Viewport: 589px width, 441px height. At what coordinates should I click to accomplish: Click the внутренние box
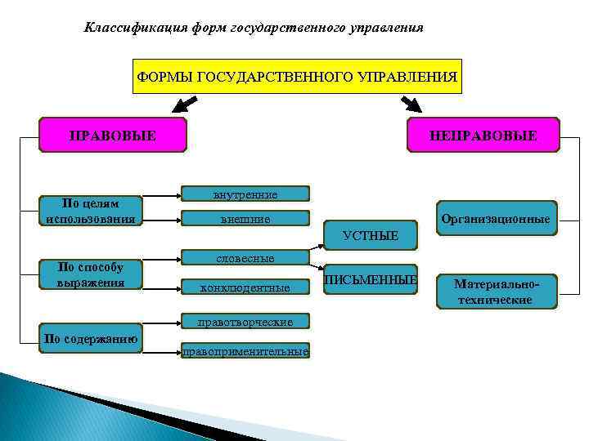pyautogui.click(x=245, y=194)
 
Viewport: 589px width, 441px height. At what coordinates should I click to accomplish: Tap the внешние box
pyautogui.click(x=245, y=219)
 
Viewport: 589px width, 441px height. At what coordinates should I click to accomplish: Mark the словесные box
pyautogui.click(x=245, y=258)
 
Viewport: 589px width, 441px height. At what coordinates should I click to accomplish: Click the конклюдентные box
pyautogui.click(x=245, y=287)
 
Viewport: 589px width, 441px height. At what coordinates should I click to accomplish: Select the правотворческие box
pyautogui.click(x=245, y=322)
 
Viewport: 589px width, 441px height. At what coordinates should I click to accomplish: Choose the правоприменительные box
pyautogui.click(x=245, y=352)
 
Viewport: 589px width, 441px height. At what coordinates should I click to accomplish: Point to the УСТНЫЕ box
pyautogui.click(x=371, y=235)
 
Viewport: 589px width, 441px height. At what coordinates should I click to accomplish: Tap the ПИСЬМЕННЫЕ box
pyautogui.click(x=371, y=280)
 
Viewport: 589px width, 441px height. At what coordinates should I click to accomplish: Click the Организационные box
pyautogui.click(x=494, y=219)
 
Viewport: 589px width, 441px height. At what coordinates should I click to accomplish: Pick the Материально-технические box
pyautogui.click(x=496, y=292)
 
